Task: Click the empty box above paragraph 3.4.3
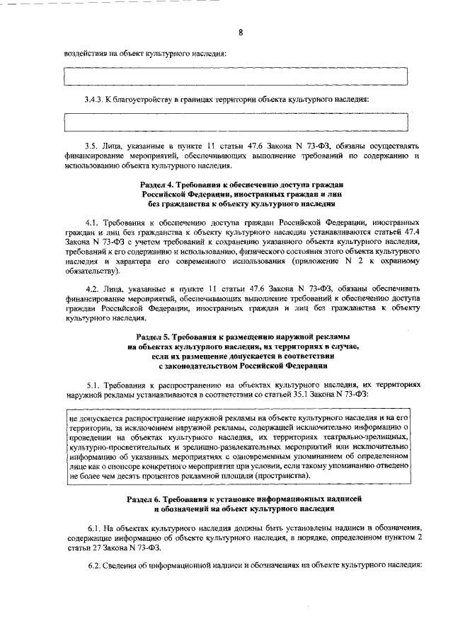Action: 237,76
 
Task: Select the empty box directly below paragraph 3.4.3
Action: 237,121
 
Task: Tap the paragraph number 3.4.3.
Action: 93,99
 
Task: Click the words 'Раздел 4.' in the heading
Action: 160,185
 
